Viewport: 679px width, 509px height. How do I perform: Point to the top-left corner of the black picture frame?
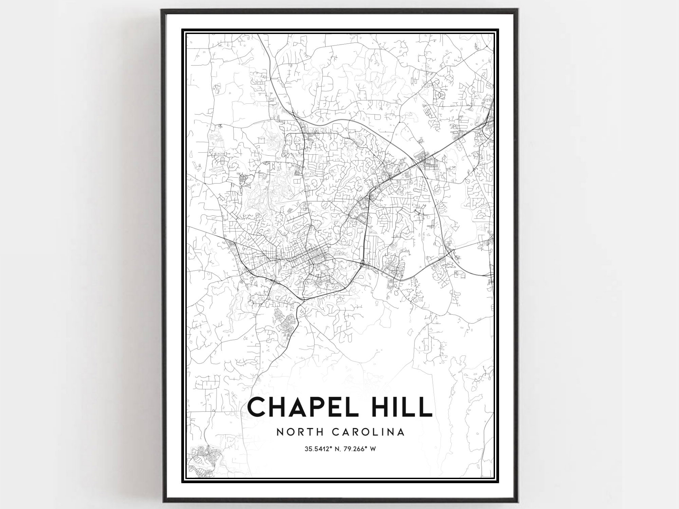pos(162,10)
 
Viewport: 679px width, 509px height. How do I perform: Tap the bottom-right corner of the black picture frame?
pos(518,502)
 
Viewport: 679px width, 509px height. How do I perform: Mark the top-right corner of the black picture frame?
pos(518,10)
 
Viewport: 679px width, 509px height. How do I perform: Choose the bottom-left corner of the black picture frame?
pos(162,502)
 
